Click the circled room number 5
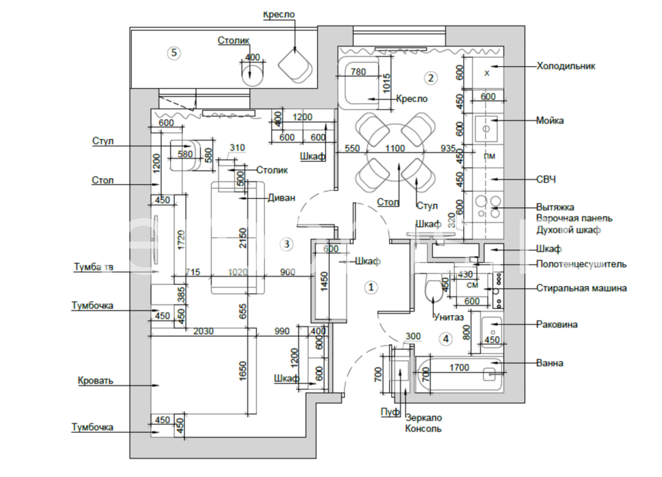(x=173, y=53)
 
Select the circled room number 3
(x=286, y=243)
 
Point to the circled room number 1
(x=371, y=287)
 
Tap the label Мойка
(x=550, y=120)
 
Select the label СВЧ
(x=546, y=179)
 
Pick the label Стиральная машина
(x=581, y=288)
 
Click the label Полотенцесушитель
(x=581, y=264)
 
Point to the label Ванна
(x=549, y=363)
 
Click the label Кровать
(x=95, y=381)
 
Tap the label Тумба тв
(x=93, y=268)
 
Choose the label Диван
(x=281, y=198)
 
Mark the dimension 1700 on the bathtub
(x=459, y=367)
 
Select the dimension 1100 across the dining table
(x=395, y=149)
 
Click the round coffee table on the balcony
(x=253, y=72)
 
